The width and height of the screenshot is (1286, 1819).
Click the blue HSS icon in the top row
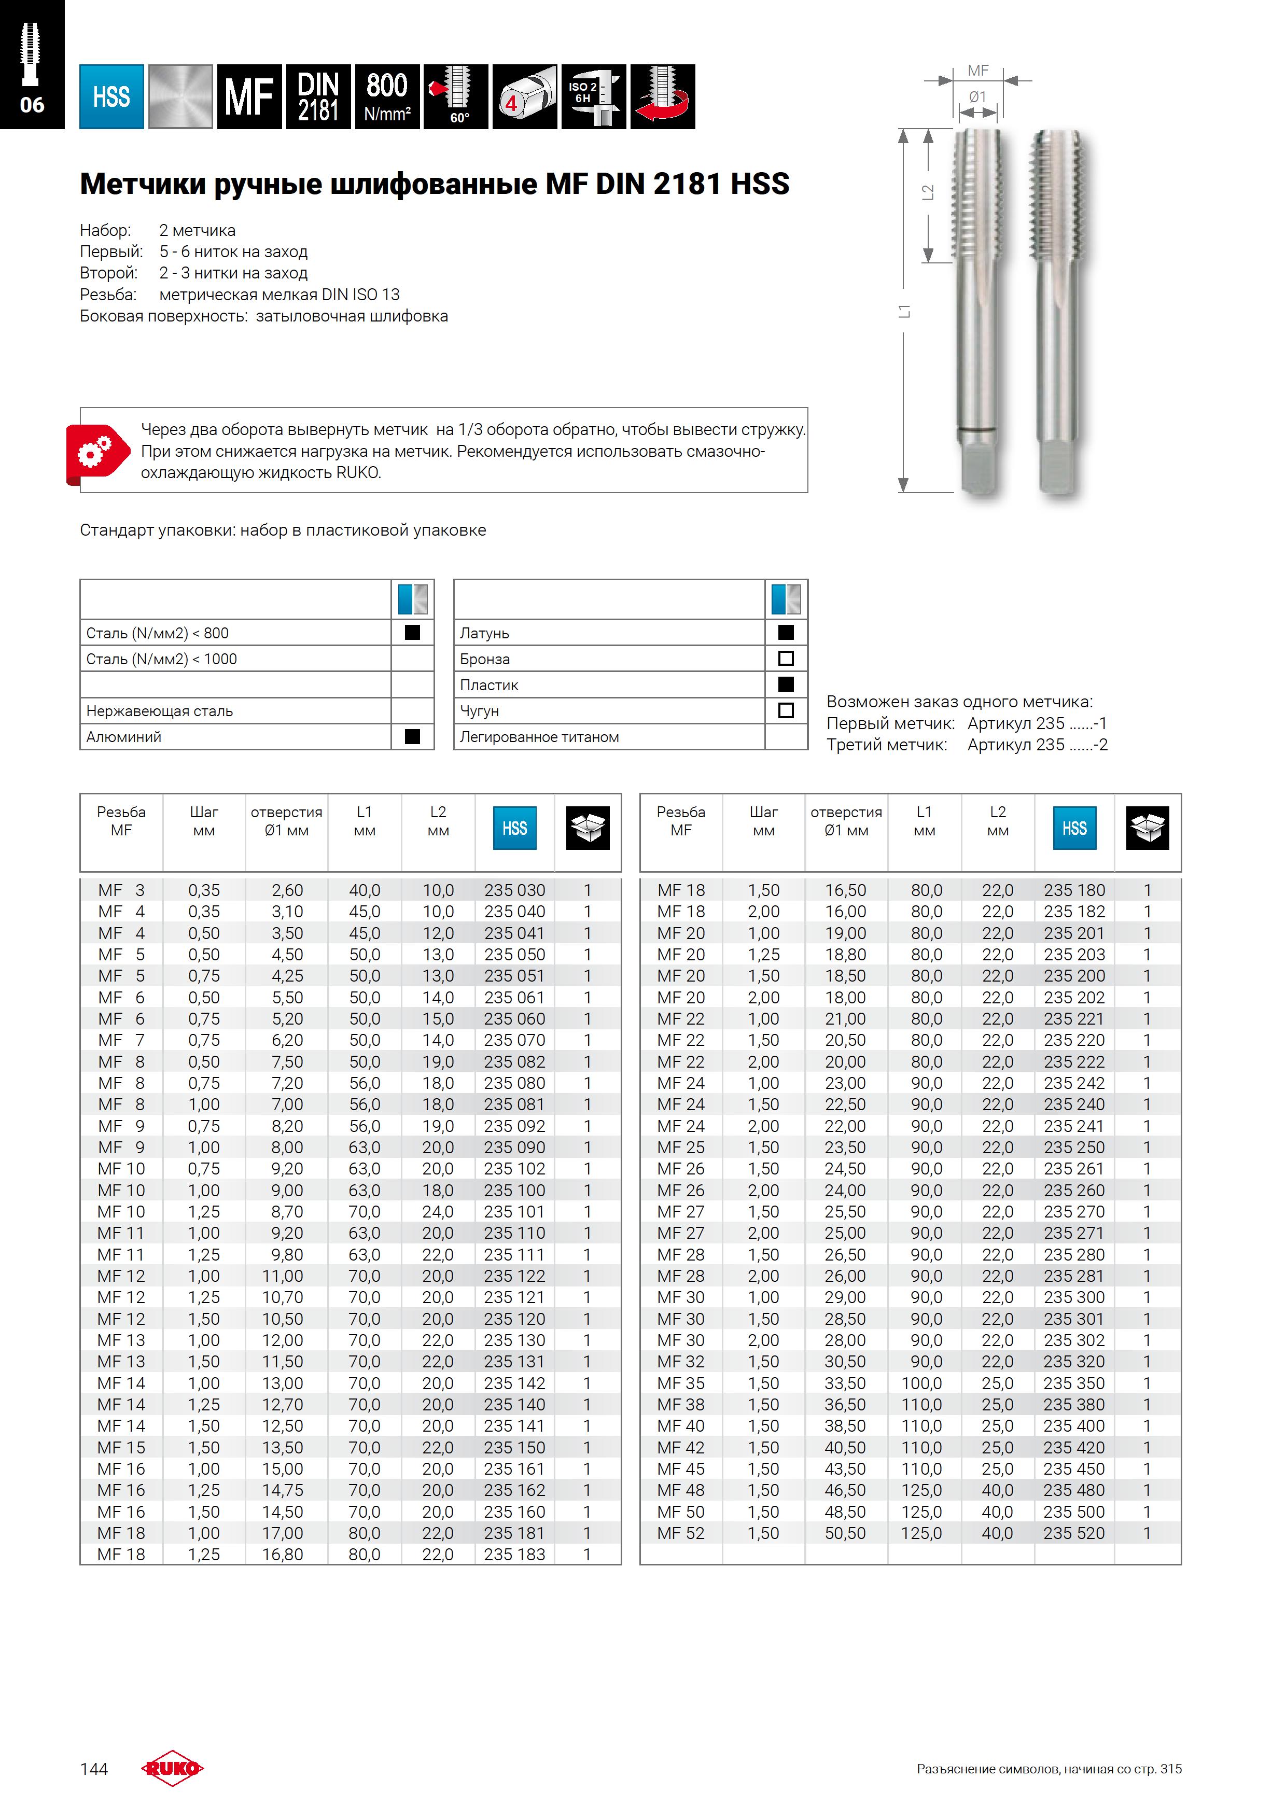pos(111,96)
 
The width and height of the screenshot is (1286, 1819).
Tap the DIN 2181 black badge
pos(318,96)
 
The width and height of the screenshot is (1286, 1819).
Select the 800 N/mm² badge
pos(387,96)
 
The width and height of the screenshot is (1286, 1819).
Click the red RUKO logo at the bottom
pos(172,1768)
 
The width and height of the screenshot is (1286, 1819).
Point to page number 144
pos(93,1769)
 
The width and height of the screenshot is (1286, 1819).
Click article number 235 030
pos(514,890)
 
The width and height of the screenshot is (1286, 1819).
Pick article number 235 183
pos(514,1555)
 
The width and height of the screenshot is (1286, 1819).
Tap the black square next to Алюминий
pos(412,737)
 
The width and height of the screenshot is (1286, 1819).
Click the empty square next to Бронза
pos(786,659)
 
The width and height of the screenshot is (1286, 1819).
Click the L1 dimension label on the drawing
pos(904,311)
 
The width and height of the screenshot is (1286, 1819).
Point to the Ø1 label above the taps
pos(978,96)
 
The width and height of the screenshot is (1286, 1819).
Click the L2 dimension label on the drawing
pos(928,192)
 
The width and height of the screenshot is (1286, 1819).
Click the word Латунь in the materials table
pos(484,633)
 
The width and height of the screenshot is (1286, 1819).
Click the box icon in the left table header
pos(588,828)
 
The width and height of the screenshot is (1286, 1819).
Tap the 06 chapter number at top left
pos(32,105)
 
